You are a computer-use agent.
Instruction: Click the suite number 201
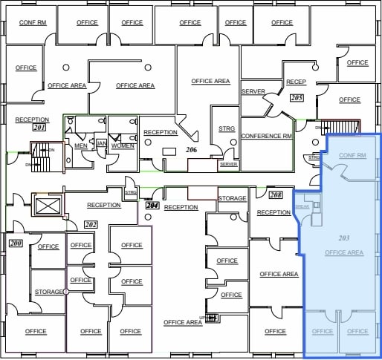click(x=39, y=128)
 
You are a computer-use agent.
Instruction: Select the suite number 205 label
click(x=297, y=97)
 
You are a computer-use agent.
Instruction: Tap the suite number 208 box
click(x=275, y=194)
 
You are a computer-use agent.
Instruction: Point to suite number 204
click(x=153, y=205)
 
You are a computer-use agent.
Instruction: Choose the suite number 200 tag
click(x=15, y=243)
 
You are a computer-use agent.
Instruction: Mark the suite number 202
click(x=91, y=224)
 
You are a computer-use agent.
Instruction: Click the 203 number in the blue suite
click(x=343, y=238)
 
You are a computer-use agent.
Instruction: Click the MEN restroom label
click(x=80, y=146)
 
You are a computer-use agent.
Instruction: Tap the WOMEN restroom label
click(x=123, y=146)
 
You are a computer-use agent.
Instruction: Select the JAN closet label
click(x=102, y=143)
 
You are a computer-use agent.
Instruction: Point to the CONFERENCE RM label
click(x=266, y=137)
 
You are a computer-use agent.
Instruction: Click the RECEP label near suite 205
click(x=296, y=82)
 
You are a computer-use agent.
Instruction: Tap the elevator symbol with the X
click(x=46, y=204)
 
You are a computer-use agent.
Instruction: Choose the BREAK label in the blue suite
click(x=302, y=207)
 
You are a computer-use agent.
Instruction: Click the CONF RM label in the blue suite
click(x=352, y=156)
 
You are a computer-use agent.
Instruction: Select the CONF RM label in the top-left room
click(x=32, y=22)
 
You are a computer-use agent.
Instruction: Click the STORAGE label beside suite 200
click(x=49, y=292)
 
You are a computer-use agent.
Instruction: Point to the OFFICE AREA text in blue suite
click(x=343, y=253)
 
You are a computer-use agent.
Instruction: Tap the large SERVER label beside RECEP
click(x=253, y=91)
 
